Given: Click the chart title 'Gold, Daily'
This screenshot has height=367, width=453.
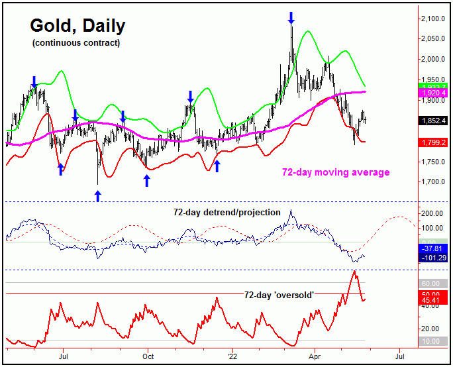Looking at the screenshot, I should tap(77, 26).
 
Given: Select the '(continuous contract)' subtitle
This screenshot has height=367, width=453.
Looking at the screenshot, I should tap(76, 43).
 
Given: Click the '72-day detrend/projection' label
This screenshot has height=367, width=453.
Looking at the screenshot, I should tap(225, 212).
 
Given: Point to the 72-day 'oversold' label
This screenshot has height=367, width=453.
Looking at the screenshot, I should tap(278, 294).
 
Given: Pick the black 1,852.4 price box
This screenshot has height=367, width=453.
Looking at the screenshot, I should tap(435, 121).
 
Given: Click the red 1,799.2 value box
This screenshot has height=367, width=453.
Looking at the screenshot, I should tap(435, 142).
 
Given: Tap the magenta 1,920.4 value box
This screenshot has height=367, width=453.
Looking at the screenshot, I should tap(435, 93).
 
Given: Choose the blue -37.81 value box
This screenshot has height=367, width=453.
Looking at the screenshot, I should tap(435, 248).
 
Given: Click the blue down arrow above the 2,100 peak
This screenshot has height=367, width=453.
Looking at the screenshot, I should tap(291, 17).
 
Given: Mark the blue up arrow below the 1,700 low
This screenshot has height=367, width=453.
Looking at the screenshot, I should tap(97, 195).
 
